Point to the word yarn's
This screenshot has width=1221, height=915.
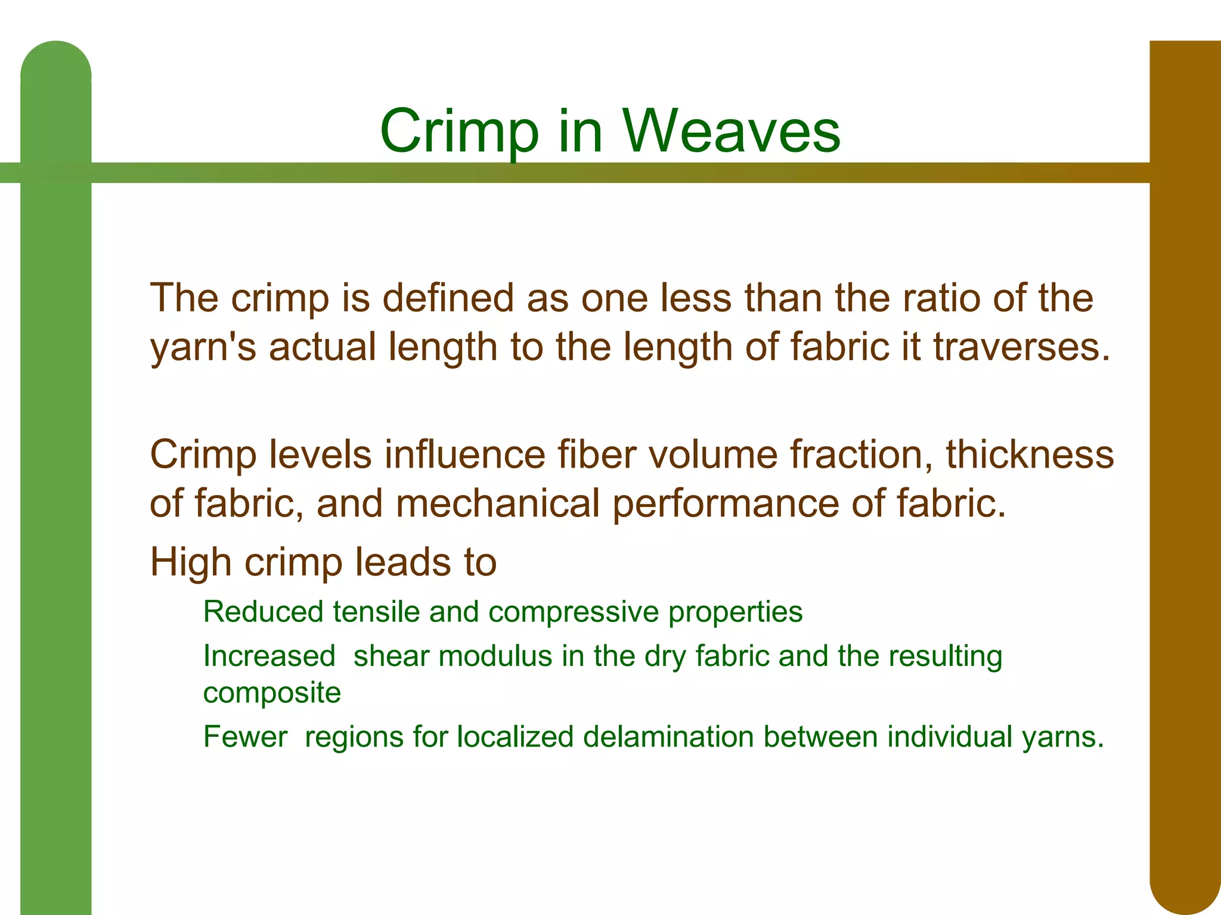[x=203, y=347]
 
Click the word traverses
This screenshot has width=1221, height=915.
[x=1021, y=347]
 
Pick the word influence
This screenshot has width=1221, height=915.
[x=464, y=455]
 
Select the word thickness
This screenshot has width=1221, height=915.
[x=1030, y=455]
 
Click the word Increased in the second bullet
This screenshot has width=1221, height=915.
[x=269, y=656]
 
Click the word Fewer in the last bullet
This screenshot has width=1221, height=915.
[x=245, y=737]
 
